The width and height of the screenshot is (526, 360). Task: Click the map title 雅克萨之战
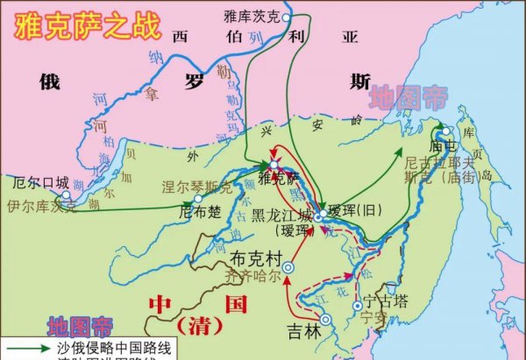(x=82, y=24)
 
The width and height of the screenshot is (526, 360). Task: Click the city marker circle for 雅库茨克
(x=286, y=17)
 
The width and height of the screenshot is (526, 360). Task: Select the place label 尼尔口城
(x=40, y=184)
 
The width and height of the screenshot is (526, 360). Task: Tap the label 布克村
(x=254, y=260)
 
